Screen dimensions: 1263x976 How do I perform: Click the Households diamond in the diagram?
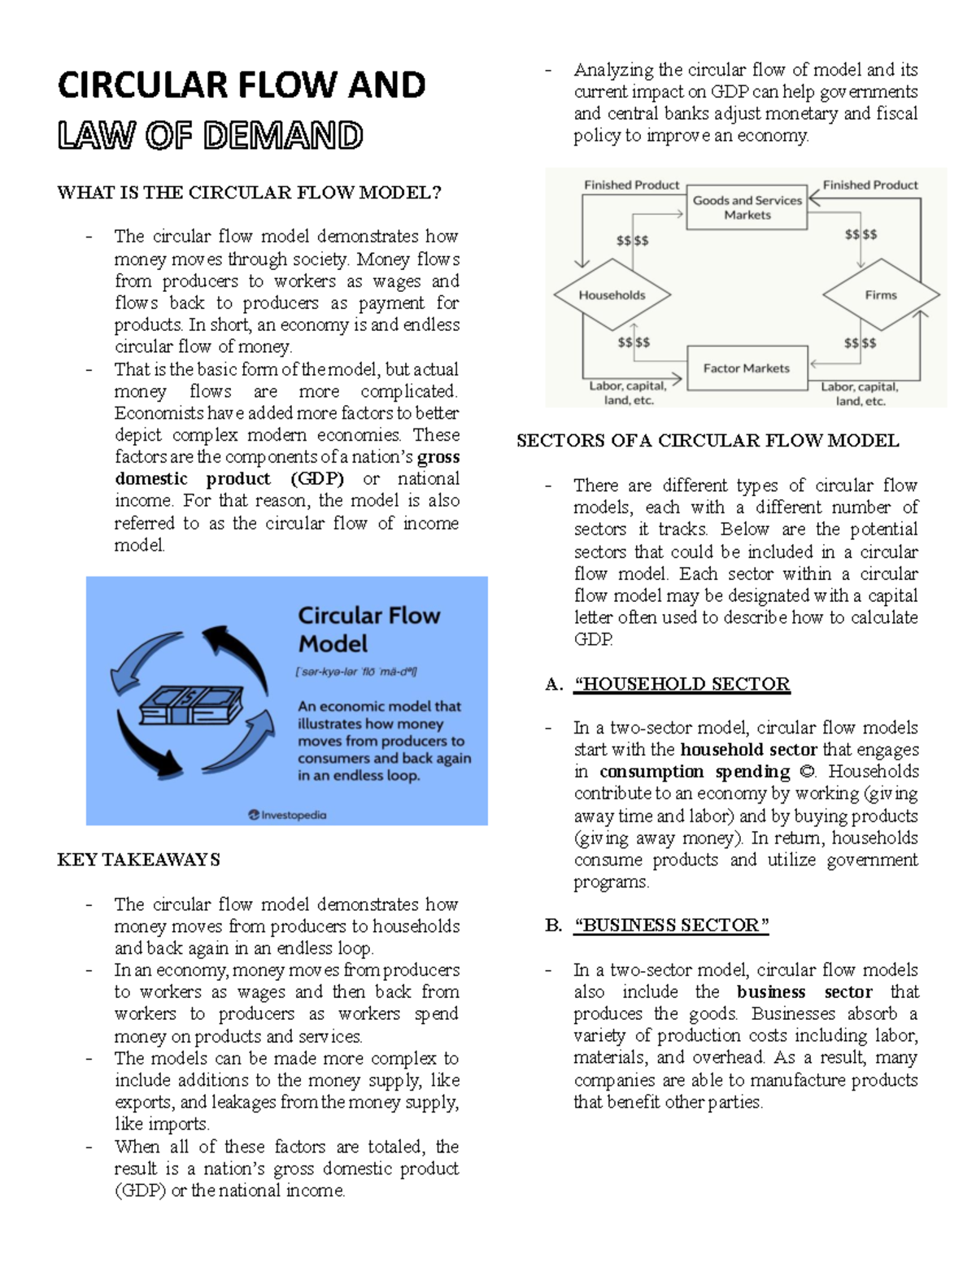tap(612, 295)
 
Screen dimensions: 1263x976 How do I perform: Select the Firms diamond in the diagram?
tap(881, 295)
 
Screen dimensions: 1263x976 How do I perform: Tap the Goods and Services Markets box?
tap(747, 207)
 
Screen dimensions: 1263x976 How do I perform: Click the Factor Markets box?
tap(746, 368)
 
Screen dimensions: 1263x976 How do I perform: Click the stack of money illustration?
tap(192, 703)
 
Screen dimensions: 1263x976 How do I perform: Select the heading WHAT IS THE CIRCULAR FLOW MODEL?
tap(249, 193)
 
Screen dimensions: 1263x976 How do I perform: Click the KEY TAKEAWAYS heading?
tap(138, 860)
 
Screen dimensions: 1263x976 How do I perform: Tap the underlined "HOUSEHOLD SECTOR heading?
tap(682, 684)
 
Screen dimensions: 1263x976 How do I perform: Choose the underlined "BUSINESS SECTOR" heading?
tap(671, 925)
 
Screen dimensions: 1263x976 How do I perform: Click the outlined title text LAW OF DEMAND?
tap(210, 136)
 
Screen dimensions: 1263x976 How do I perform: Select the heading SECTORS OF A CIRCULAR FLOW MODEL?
tap(708, 441)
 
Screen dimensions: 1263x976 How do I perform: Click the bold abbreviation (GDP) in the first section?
tap(317, 479)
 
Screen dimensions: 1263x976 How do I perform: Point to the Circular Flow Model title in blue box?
tap(368, 629)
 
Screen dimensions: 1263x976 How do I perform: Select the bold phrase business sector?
tap(804, 992)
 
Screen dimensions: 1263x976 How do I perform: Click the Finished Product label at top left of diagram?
tap(631, 185)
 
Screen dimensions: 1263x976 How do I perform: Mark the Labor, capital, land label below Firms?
tap(859, 394)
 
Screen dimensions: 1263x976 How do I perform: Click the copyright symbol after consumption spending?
tap(808, 772)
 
